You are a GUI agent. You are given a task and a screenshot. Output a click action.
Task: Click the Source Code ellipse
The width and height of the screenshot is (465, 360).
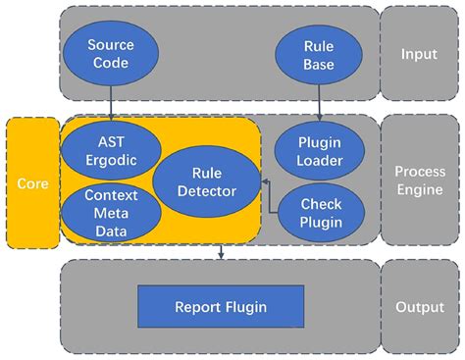(110, 53)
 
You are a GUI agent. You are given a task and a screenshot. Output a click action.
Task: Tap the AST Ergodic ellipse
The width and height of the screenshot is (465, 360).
(103, 149)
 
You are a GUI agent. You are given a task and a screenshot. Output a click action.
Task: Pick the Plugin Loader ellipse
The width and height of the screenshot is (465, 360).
(320, 149)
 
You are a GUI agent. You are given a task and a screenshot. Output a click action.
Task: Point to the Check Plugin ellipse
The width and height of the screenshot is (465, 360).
(321, 213)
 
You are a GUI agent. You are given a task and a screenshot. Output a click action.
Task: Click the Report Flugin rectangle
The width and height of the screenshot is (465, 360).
(220, 307)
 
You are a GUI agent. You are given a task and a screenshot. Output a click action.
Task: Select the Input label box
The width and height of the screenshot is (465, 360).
(419, 53)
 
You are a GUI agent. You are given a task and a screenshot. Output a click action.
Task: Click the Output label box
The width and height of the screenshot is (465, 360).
(419, 307)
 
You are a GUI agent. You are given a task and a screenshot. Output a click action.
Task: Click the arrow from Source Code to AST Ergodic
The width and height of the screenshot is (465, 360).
(110, 103)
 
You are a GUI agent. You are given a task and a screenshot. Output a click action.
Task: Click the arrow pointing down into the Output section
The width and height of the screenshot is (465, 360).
(221, 252)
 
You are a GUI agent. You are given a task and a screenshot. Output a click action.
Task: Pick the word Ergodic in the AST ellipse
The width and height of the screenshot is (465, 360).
(103, 158)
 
